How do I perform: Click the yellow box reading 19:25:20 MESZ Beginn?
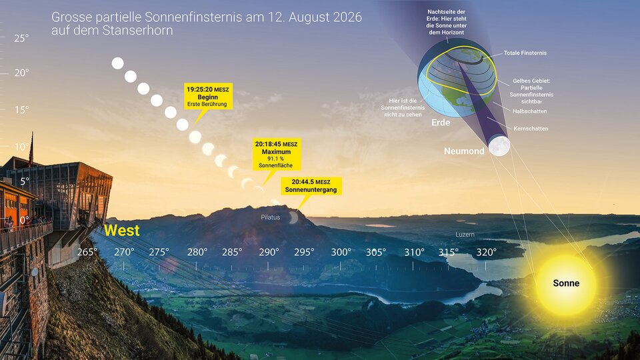pyautogui.click(x=208, y=96)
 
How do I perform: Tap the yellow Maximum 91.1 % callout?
pyautogui.click(x=277, y=154)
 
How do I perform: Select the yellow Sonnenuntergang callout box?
pyautogui.click(x=311, y=186)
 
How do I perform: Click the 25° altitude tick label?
pyautogui.click(x=21, y=39)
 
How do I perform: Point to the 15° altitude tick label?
pyautogui.click(x=21, y=110)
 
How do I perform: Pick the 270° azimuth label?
pyautogui.click(x=124, y=252)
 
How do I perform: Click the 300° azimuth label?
pyautogui.click(x=341, y=252)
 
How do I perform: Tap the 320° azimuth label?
pyautogui.click(x=486, y=252)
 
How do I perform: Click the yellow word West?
pyautogui.click(x=121, y=231)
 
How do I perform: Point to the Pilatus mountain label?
pyautogui.click(x=270, y=217)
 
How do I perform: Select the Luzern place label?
pyautogui.click(x=465, y=234)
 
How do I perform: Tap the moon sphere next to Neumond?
pyautogui.click(x=499, y=146)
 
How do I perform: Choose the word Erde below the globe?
pyautogui.click(x=441, y=123)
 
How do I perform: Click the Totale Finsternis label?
pyautogui.click(x=525, y=53)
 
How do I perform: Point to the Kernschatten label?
pyautogui.click(x=531, y=129)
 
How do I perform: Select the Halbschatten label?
pyautogui.click(x=530, y=111)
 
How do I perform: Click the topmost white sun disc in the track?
pyautogui.click(x=117, y=63)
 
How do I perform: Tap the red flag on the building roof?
pyautogui.click(x=31, y=149)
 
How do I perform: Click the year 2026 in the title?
pyautogui.click(x=347, y=17)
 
